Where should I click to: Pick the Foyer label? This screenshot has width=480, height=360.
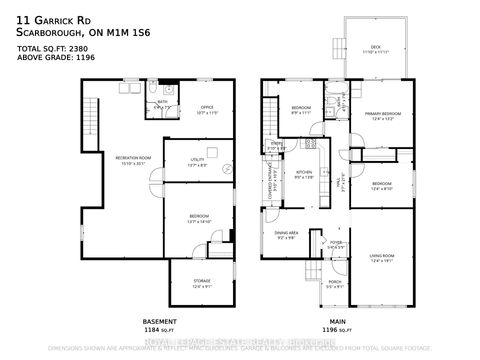pos(336,243)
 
